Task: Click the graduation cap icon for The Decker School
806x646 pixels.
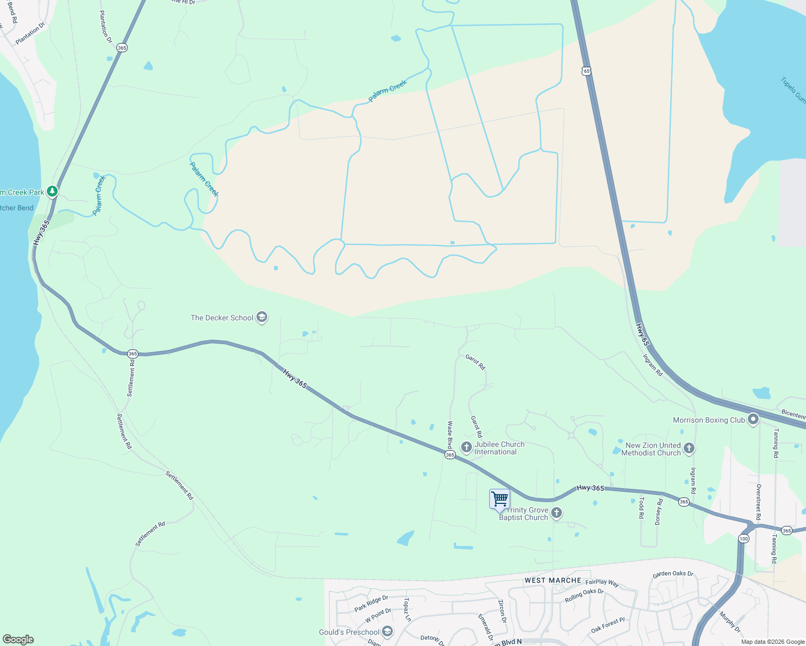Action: (x=262, y=317)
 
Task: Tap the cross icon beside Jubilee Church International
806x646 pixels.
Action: (x=467, y=447)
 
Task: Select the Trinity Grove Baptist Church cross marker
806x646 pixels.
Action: (x=557, y=513)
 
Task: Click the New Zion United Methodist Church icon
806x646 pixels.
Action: (x=689, y=448)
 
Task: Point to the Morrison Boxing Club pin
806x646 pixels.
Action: (x=753, y=419)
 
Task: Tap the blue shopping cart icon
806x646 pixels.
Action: (x=499, y=499)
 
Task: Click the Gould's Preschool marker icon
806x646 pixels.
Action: (x=387, y=631)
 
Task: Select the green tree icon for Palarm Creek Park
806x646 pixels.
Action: (x=52, y=191)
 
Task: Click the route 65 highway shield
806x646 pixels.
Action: (x=587, y=71)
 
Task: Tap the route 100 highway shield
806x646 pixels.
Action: (x=744, y=538)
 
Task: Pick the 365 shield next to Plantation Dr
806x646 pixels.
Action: (x=122, y=48)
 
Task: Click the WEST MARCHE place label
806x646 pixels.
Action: (x=553, y=580)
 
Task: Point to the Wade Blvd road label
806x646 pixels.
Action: (x=449, y=434)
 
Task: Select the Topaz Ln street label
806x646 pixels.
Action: (x=407, y=609)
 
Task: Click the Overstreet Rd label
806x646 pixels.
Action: (x=758, y=502)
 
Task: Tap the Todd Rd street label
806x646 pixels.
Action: (x=641, y=507)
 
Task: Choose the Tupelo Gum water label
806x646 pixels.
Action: (x=793, y=90)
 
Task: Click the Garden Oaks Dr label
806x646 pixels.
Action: (x=673, y=574)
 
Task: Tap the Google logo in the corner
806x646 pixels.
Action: (x=18, y=639)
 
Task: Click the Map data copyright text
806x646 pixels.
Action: (x=773, y=642)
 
